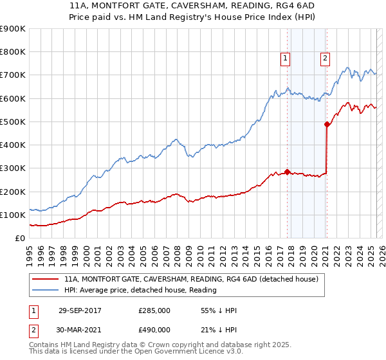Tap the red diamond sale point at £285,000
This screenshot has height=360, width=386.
click(x=287, y=172)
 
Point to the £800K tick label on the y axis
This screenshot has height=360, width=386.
click(x=13, y=52)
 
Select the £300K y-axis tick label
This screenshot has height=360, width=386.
click(x=13, y=168)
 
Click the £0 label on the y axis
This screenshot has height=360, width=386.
click(x=20, y=238)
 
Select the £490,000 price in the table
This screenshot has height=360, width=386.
click(x=154, y=329)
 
